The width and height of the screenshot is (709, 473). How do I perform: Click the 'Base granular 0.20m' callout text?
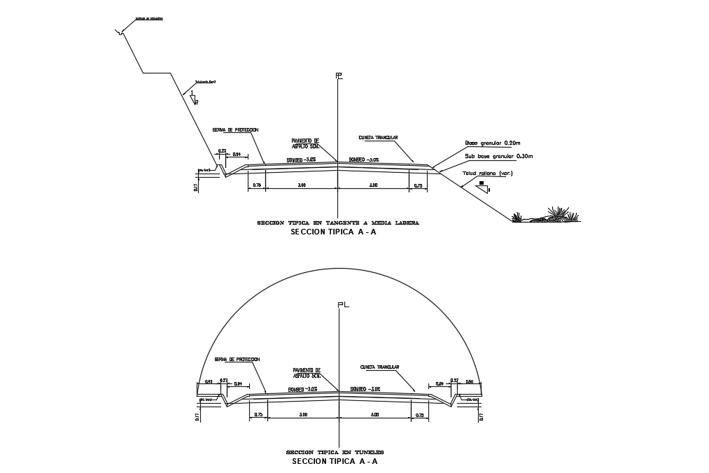coord(493,143)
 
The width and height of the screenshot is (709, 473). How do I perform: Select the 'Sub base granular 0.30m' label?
coord(498,156)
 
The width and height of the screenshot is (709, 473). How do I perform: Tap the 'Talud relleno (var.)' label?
coord(487,173)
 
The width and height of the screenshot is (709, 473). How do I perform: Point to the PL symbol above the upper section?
coord(339,76)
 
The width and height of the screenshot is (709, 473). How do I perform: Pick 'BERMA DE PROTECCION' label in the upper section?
coord(236,129)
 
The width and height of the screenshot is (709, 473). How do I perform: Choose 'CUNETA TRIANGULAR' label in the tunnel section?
coord(379,367)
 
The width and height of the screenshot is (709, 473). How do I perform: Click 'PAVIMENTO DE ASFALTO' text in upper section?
coord(305,143)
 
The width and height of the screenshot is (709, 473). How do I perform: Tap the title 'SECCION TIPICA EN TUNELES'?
coord(335,452)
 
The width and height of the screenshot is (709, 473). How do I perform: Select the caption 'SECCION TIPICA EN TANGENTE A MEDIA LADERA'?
coord(337,223)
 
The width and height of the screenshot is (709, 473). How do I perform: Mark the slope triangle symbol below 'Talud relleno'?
coord(482,185)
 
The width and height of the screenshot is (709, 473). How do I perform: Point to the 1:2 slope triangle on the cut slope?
coord(194,97)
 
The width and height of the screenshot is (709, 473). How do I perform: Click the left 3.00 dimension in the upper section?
coord(301,185)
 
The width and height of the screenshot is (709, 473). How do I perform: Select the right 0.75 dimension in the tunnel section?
coord(419,415)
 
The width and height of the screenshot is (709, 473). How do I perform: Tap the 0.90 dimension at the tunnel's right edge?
coord(470,382)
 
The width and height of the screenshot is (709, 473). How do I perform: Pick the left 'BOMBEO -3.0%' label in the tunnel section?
coord(302,389)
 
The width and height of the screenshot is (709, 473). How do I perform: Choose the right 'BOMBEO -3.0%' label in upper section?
coord(364,160)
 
